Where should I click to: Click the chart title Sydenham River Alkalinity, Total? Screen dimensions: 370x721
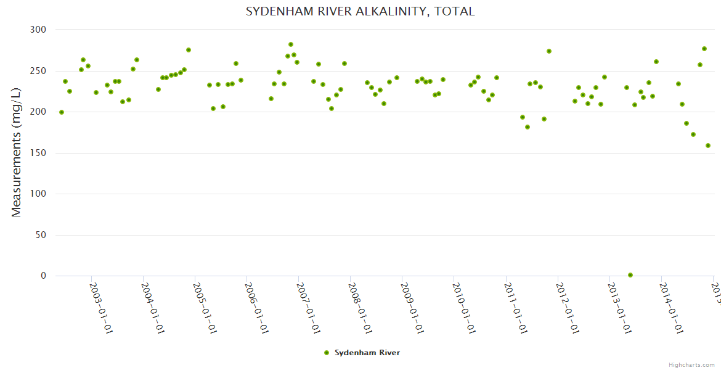[360, 12]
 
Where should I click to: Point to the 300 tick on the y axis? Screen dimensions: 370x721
[38, 30]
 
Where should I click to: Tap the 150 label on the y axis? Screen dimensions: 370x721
[38, 153]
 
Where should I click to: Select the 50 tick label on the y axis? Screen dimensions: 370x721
[41, 235]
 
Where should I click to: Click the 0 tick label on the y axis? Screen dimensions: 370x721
[43, 276]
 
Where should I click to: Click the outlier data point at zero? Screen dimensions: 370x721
[630, 275]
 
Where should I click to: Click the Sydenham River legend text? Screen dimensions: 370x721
[367, 353]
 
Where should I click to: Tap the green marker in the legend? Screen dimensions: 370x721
[327, 353]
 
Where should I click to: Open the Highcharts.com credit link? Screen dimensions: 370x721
[691, 365]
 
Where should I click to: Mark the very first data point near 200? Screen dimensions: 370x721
[62, 112]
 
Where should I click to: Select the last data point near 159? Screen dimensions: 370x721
[708, 146]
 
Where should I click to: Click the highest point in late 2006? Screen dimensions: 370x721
[291, 44]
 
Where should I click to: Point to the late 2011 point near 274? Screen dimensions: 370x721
[549, 51]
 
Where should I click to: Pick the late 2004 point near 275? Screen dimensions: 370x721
[189, 50]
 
